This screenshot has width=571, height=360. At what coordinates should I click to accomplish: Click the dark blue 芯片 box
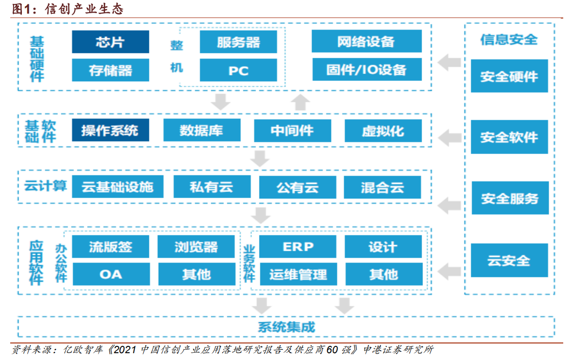tap(111, 42)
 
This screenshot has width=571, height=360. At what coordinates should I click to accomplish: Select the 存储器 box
tap(111, 70)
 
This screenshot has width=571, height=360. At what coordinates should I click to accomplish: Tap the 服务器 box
tap(238, 42)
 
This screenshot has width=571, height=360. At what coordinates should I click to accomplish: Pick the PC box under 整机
tap(238, 70)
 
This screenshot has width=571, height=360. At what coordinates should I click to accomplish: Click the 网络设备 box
tap(366, 41)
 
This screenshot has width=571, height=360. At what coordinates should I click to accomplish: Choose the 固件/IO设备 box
tap(366, 70)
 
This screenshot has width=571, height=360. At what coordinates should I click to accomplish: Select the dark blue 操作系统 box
tap(111, 130)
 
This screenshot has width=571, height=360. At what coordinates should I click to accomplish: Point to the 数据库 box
tap(202, 130)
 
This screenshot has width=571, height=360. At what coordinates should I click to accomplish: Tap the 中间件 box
tap(292, 130)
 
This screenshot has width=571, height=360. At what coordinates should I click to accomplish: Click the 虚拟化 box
tap(383, 130)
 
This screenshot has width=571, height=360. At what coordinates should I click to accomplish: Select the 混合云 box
tap(383, 187)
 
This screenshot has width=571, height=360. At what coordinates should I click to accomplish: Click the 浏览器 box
tap(196, 247)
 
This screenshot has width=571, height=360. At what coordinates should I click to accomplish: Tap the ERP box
tap(297, 247)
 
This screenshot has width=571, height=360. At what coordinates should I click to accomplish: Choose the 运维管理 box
tap(297, 274)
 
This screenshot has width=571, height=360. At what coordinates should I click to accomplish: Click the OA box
tap(111, 274)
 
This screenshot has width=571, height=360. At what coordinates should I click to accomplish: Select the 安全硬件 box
tap(509, 76)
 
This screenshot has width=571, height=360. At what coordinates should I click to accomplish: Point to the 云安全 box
tap(509, 260)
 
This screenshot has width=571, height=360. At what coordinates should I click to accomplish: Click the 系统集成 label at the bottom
tap(286, 326)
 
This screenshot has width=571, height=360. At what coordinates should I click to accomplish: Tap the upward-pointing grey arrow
tap(301, 101)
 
